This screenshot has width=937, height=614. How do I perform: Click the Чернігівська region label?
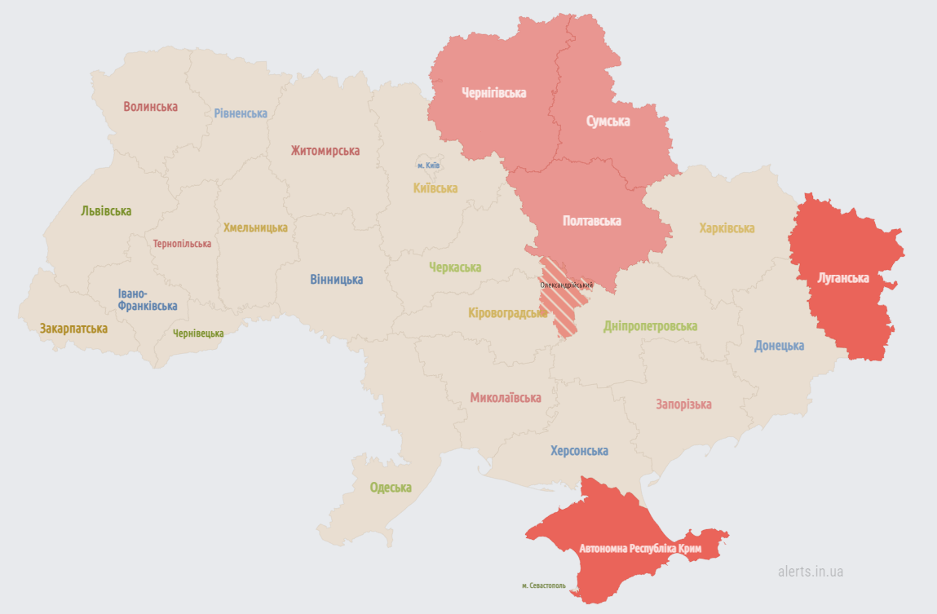pyautogui.click(x=493, y=93)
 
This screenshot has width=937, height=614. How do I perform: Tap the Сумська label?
pyautogui.click(x=608, y=121)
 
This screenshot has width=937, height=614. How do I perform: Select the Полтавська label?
pyautogui.click(x=591, y=221)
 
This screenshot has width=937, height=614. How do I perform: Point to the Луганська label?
pyautogui.click(x=843, y=278)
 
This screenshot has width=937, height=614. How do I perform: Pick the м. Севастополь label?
pyautogui.click(x=543, y=585)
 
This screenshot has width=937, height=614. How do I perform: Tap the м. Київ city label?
pyautogui.click(x=428, y=166)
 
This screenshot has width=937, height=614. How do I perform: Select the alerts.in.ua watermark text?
pyautogui.click(x=810, y=572)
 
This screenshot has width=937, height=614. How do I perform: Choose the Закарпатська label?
pyautogui.click(x=73, y=329)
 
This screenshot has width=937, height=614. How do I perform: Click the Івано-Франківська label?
pyautogui.click(x=147, y=299)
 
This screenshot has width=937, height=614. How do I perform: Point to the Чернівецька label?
pyautogui.click(x=198, y=333)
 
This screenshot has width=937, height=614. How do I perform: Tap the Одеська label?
pyautogui.click(x=391, y=488)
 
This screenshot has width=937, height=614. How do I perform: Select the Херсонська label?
pyautogui.click(x=579, y=451)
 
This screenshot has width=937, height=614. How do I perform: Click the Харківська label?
pyautogui.click(x=727, y=228)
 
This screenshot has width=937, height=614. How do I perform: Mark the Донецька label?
pyautogui.click(x=779, y=346)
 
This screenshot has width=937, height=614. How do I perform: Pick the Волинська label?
pyautogui.click(x=150, y=107)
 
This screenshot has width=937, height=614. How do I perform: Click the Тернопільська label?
pyautogui.click(x=182, y=244)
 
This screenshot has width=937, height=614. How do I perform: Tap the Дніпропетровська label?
pyautogui.click(x=650, y=326)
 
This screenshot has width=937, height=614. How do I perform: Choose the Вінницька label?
pyautogui.click(x=336, y=280)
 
